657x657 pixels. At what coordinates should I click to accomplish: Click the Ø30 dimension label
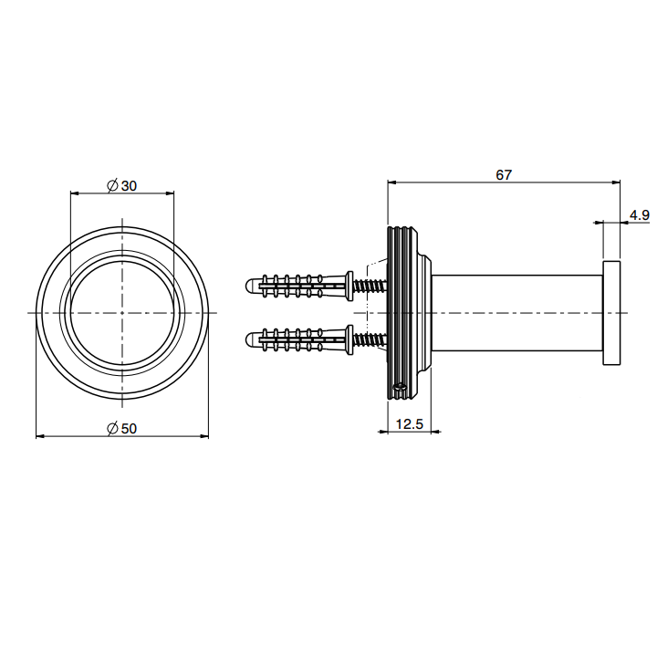point(122,185)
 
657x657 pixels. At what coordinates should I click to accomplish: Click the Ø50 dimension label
point(122,428)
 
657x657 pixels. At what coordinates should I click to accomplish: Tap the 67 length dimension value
point(504,174)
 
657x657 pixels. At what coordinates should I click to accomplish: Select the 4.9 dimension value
point(640,215)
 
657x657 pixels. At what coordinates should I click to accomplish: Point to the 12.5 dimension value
point(410,424)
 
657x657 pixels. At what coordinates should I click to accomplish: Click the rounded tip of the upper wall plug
point(249,287)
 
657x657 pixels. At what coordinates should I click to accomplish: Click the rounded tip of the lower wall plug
point(249,339)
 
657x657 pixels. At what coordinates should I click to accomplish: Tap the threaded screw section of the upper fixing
point(370,287)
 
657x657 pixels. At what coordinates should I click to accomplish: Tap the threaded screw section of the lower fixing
point(370,339)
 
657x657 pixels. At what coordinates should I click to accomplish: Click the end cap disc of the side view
point(611,313)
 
